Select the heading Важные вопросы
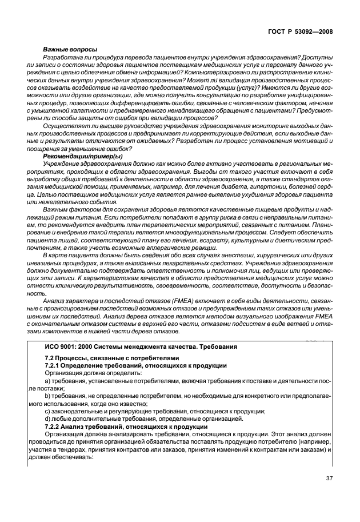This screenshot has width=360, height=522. click(70, 50)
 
